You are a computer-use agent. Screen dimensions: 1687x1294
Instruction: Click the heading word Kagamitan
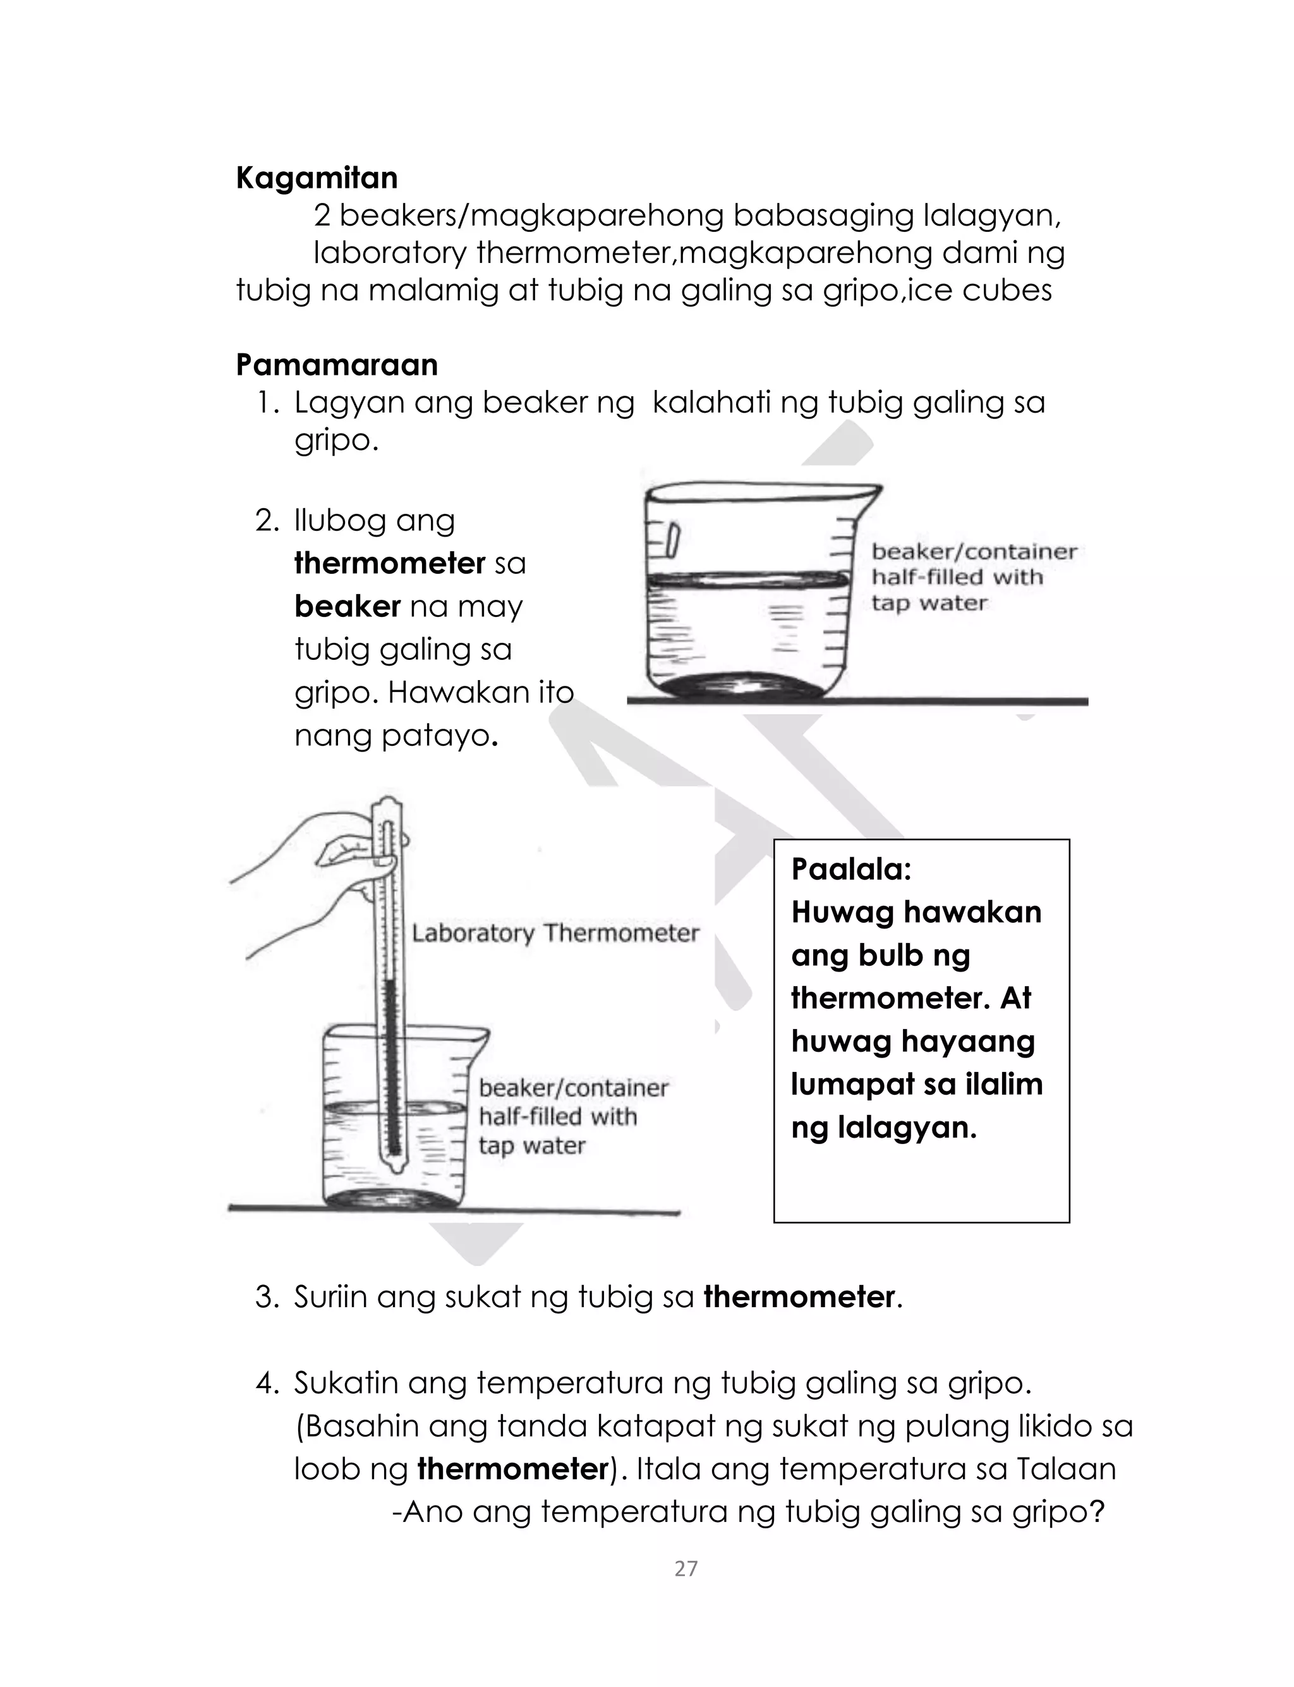click(317, 178)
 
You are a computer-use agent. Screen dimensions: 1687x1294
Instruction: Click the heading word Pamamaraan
click(337, 364)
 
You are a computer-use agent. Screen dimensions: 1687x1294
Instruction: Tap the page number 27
click(686, 1568)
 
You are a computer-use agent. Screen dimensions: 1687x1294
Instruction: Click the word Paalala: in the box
click(851, 869)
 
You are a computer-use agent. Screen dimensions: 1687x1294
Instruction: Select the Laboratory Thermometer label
click(555, 934)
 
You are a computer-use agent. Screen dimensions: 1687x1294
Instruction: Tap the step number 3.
click(266, 1297)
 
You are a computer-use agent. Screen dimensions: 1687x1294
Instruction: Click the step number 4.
click(266, 1384)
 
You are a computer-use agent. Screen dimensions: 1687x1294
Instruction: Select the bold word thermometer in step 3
click(799, 1297)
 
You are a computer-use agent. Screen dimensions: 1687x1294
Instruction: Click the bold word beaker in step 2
click(348, 606)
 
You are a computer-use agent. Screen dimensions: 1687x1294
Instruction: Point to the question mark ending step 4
click(1097, 1512)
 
